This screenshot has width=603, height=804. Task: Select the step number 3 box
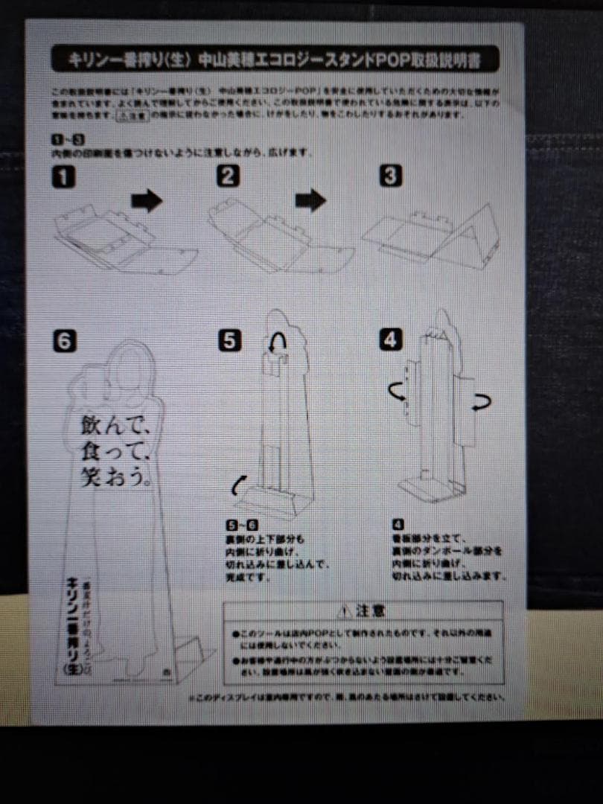coord(391,176)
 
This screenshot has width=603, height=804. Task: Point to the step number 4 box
coord(390,340)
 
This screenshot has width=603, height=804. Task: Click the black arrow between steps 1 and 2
coord(147,200)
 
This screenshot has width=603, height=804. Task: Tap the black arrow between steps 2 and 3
coord(310,200)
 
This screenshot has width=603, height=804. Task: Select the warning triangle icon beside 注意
coord(343,612)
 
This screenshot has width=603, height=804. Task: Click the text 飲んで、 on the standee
coord(115,426)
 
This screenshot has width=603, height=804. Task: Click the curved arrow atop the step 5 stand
coord(279,340)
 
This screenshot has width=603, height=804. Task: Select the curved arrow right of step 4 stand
coord(482,403)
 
